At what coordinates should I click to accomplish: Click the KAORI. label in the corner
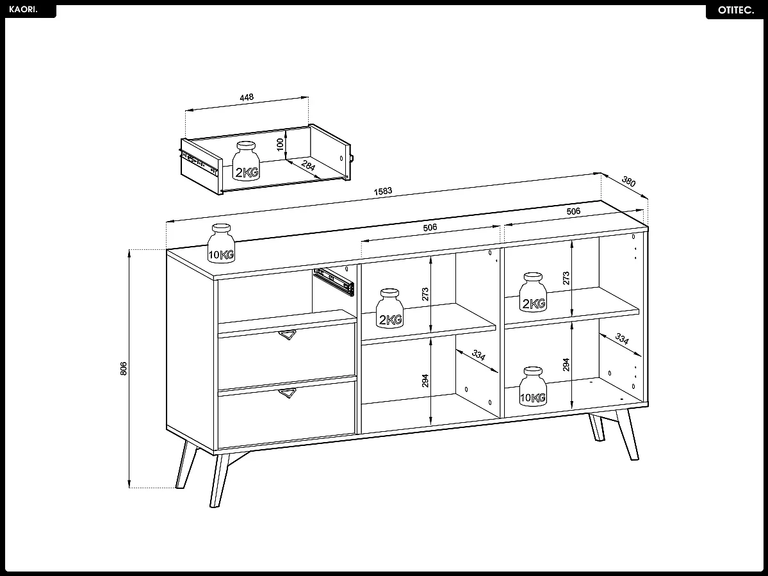(24, 10)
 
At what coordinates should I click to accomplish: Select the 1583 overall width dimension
(383, 191)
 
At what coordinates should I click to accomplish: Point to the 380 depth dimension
(629, 182)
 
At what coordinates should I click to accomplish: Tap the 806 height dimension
(124, 368)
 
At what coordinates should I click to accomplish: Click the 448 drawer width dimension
(247, 97)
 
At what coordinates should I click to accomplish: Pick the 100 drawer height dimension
(280, 144)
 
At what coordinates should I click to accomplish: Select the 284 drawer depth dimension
(308, 168)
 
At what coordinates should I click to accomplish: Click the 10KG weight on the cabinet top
(221, 243)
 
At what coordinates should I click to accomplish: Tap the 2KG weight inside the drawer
(245, 162)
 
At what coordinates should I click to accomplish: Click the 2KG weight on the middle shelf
(389, 309)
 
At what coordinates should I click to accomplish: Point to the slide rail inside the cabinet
(334, 281)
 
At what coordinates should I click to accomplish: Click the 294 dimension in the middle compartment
(426, 381)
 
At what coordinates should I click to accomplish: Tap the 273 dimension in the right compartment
(566, 278)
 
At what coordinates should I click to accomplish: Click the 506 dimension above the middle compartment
(430, 227)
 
